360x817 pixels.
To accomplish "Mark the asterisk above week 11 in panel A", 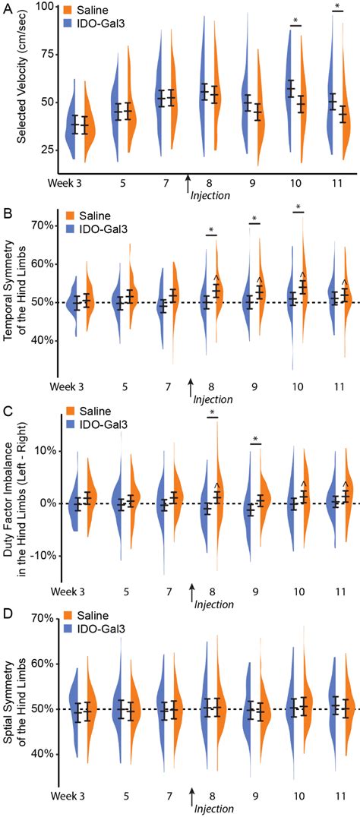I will (x=338, y=7).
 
